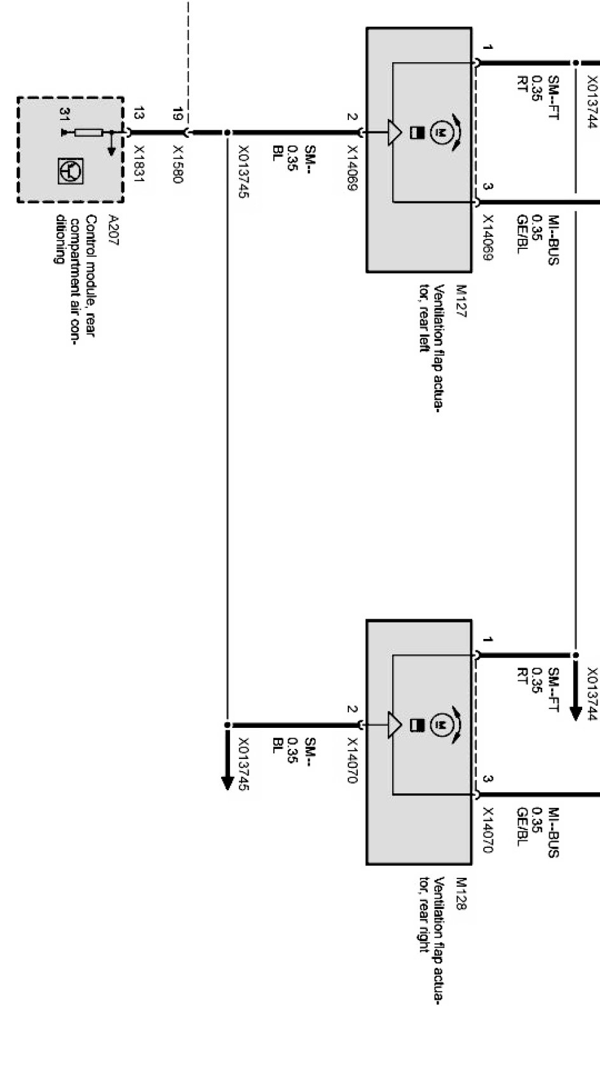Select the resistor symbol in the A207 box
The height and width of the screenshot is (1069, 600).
[x=88, y=133]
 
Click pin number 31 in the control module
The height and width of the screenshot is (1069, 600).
[x=64, y=115]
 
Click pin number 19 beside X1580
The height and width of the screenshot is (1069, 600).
[x=178, y=115]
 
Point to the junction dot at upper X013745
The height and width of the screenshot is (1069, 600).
[x=227, y=133]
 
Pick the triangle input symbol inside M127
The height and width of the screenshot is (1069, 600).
[x=395, y=133]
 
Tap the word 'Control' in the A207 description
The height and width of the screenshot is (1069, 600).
[x=92, y=234]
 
